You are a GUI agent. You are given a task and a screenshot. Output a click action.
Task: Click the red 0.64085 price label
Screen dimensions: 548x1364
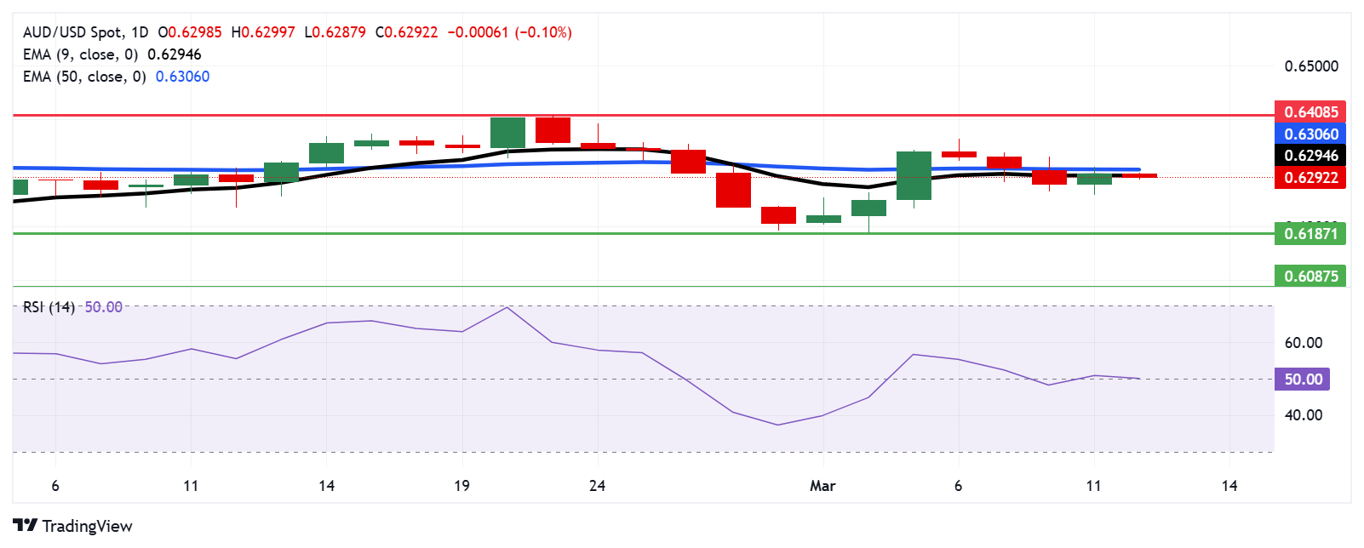(x=1310, y=112)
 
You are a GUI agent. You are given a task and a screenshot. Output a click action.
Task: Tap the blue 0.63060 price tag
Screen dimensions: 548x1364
(x=1310, y=134)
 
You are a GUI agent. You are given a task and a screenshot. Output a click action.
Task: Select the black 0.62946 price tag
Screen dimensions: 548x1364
(x=1310, y=156)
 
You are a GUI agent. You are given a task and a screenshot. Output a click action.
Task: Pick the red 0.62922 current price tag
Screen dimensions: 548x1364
(x=1310, y=178)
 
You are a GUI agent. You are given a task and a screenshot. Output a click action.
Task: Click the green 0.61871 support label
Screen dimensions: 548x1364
(x=1310, y=234)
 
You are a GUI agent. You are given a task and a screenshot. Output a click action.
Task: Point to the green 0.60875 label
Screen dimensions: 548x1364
(x=1310, y=276)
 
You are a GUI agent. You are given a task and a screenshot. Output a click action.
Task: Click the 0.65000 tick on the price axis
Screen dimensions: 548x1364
(x=1310, y=66)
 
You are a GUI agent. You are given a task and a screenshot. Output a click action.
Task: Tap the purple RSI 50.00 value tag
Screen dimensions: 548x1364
(x=1302, y=380)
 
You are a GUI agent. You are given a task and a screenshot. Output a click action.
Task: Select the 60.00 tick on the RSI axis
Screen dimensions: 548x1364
(x=1303, y=343)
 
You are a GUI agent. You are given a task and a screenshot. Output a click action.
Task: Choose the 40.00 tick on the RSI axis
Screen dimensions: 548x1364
(x=1303, y=415)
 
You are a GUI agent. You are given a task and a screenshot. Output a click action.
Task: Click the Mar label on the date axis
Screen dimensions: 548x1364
(x=822, y=486)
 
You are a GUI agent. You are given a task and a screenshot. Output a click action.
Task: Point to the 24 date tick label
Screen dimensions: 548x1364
(x=598, y=486)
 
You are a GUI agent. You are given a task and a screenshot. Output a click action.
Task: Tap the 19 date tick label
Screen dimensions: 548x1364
(x=461, y=486)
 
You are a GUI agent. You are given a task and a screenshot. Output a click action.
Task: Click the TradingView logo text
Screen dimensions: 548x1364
(x=87, y=526)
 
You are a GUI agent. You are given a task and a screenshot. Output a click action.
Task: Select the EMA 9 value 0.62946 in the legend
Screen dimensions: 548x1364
(x=175, y=54)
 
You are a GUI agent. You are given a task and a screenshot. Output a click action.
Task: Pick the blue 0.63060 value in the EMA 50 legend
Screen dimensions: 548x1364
(x=182, y=77)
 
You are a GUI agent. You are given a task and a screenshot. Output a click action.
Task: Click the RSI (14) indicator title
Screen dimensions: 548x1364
(x=49, y=307)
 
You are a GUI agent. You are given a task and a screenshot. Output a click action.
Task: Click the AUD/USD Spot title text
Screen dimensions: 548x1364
(x=72, y=32)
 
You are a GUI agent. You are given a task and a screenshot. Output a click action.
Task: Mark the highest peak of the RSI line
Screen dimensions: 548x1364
(x=507, y=307)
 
